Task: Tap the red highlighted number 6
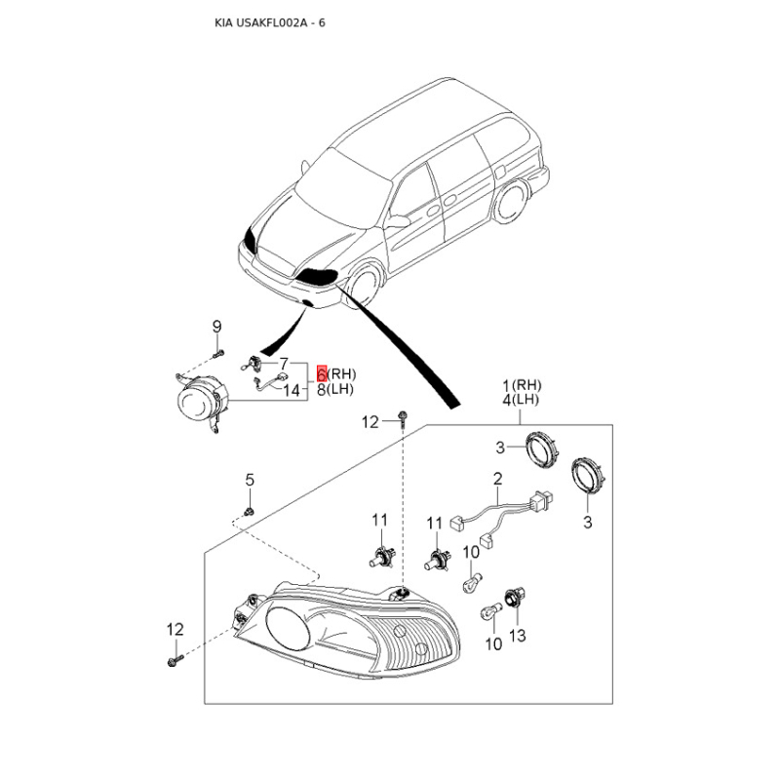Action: coord(322,373)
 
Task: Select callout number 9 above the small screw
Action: coord(217,326)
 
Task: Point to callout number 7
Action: coord(284,363)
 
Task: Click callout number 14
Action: coord(292,390)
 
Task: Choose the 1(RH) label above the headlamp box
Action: coord(522,384)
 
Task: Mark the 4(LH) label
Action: coord(522,400)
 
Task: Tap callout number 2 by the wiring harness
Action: coord(496,478)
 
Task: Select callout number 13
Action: coord(517,636)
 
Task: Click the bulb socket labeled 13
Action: coord(510,598)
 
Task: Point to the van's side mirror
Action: coord(397,222)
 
